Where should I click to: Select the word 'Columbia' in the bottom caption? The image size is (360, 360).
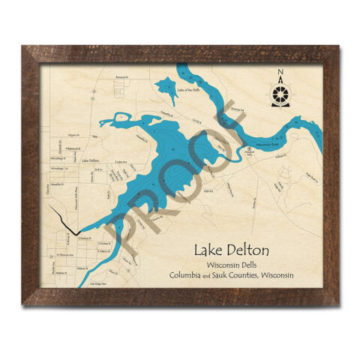[189, 276]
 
